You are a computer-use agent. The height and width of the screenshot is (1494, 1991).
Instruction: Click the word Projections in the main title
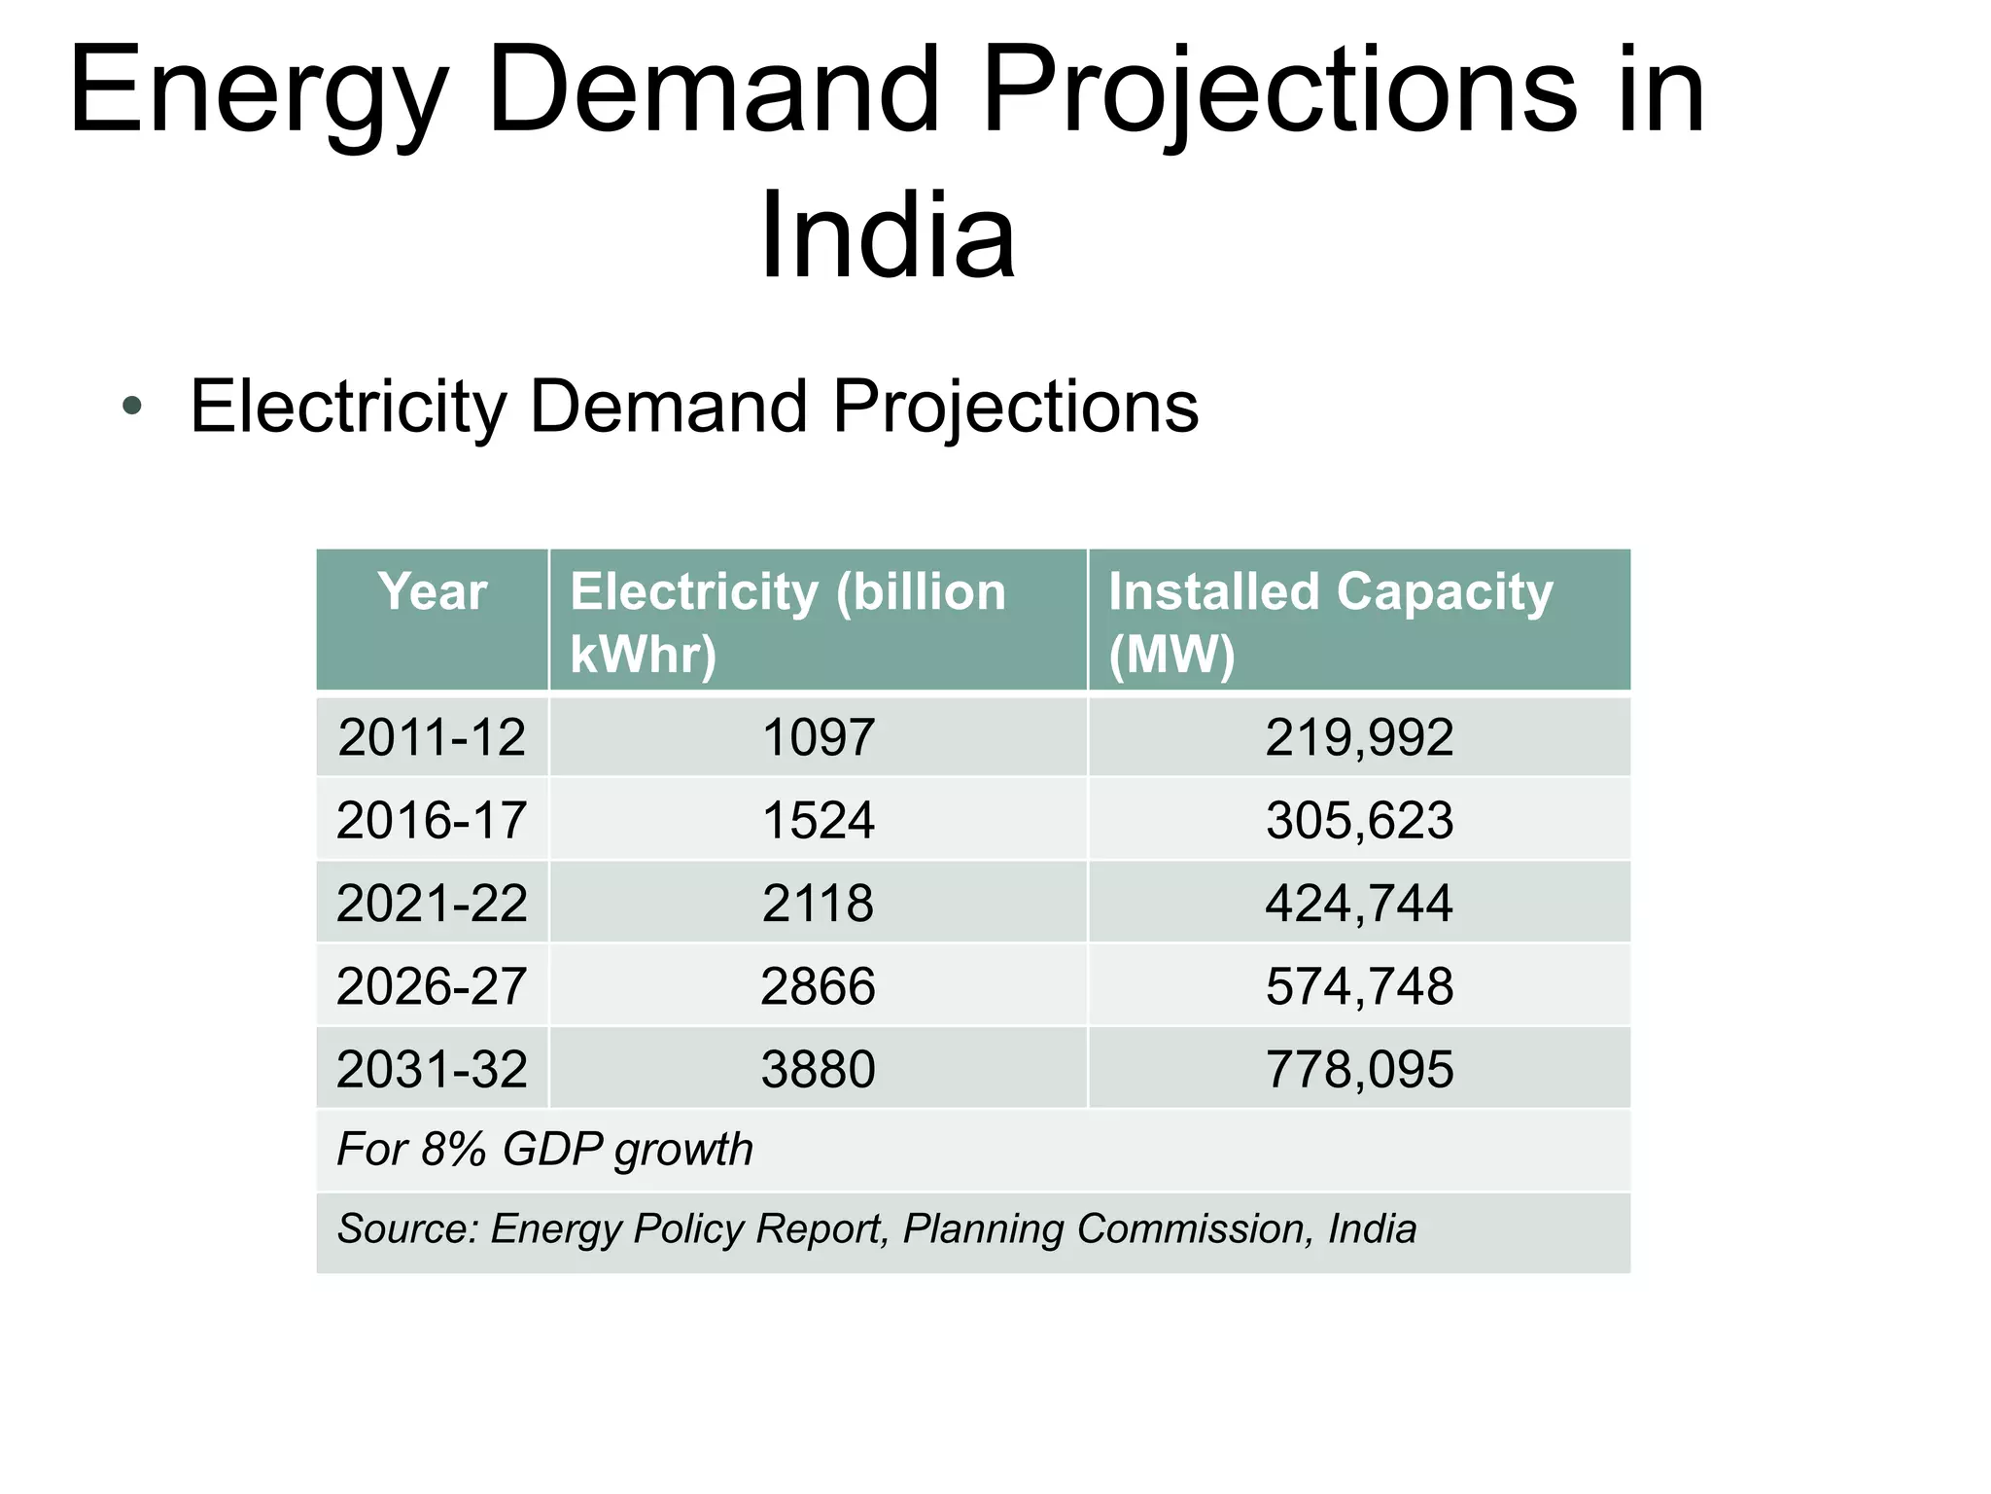coord(1279,92)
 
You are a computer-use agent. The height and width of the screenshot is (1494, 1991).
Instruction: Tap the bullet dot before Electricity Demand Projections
coord(132,407)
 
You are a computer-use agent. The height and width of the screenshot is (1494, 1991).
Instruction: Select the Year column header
coord(432,591)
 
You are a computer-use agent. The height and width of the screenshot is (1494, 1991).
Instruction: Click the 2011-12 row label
coord(432,737)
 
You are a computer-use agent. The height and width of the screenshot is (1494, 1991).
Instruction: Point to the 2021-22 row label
coord(432,904)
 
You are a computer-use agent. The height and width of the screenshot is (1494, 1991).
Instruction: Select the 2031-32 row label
coord(432,1070)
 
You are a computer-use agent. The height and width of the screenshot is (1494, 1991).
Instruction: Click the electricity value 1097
coord(818,737)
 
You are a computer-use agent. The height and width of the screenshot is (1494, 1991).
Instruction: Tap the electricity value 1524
coord(818,820)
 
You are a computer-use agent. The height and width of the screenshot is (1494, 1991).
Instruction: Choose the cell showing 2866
coord(818,986)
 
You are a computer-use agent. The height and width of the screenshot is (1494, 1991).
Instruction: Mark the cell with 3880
coord(818,1070)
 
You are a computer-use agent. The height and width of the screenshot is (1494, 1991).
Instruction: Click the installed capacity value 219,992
coord(1358,737)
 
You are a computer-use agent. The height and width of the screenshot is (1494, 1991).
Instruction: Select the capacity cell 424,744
coord(1358,904)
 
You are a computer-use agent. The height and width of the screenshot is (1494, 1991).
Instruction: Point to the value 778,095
coord(1358,1070)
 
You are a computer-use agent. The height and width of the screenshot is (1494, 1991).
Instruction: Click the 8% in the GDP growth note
coord(453,1150)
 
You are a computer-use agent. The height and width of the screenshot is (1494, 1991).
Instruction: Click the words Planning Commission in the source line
coord(1102,1229)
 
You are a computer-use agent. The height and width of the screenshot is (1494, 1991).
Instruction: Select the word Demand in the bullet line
coord(668,407)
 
